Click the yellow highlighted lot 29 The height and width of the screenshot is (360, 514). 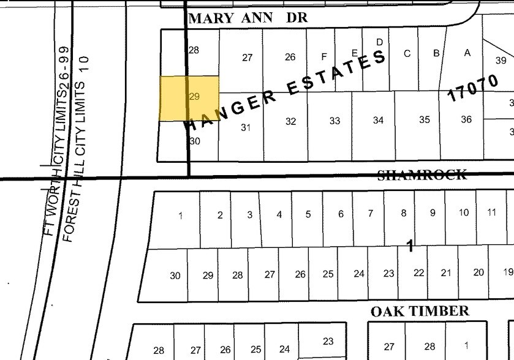point(189,98)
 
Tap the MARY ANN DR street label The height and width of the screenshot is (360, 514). point(248,18)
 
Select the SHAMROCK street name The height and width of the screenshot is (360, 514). point(422,175)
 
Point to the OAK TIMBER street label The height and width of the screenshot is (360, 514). point(420,311)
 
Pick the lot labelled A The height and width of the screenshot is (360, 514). point(467,53)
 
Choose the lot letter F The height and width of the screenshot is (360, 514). point(324,57)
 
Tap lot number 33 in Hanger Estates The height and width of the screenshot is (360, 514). point(334,121)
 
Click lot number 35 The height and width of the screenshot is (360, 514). point(425,120)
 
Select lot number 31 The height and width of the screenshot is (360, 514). point(246,127)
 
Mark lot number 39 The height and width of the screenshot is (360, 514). point(501,60)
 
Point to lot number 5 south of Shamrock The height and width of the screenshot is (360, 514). point(308,214)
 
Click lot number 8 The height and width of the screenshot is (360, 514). point(403,213)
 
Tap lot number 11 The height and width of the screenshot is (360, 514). point(492,212)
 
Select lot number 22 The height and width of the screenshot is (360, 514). point(418,273)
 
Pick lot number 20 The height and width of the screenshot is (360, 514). point(478,272)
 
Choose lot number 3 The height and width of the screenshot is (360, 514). point(250,215)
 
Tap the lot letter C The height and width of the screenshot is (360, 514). point(407,53)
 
